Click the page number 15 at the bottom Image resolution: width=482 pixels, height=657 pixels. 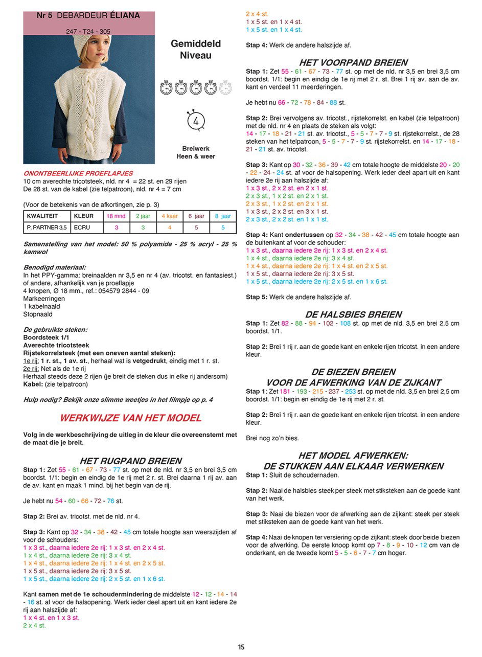241,647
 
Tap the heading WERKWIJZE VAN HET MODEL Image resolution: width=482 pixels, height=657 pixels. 130,418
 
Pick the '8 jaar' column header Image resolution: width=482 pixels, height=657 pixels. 223,216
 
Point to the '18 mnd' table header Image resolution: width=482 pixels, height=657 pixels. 116,216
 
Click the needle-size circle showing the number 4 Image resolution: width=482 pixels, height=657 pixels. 196,122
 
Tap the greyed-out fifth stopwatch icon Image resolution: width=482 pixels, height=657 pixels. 225,87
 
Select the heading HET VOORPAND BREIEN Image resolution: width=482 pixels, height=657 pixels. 353,62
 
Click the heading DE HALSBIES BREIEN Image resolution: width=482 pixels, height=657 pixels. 353,314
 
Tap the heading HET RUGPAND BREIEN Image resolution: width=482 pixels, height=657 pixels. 130,461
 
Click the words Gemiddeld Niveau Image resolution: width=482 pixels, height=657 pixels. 196,50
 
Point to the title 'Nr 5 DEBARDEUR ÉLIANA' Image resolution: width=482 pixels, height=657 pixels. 88,16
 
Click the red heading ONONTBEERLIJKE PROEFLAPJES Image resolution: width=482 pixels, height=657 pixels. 78,173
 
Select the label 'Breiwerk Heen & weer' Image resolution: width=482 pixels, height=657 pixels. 196,152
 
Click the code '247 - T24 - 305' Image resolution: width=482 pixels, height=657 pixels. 88,31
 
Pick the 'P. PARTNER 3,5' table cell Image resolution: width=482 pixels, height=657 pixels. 46,228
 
